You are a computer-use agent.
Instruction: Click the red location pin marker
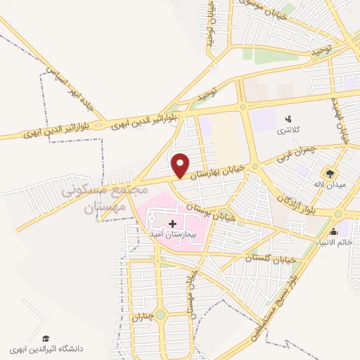pyautogui.click(x=181, y=165)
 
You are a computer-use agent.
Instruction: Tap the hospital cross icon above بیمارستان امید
pyautogui.click(x=173, y=224)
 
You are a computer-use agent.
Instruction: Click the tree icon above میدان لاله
pyautogui.click(x=328, y=173)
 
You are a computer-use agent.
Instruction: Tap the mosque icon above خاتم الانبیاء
pyautogui.click(x=333, y=231)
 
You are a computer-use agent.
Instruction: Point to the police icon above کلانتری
pyautogui.click(x=288, y=118)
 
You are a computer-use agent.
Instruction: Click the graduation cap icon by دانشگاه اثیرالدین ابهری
pyautogui.click(x=46, y=338)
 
